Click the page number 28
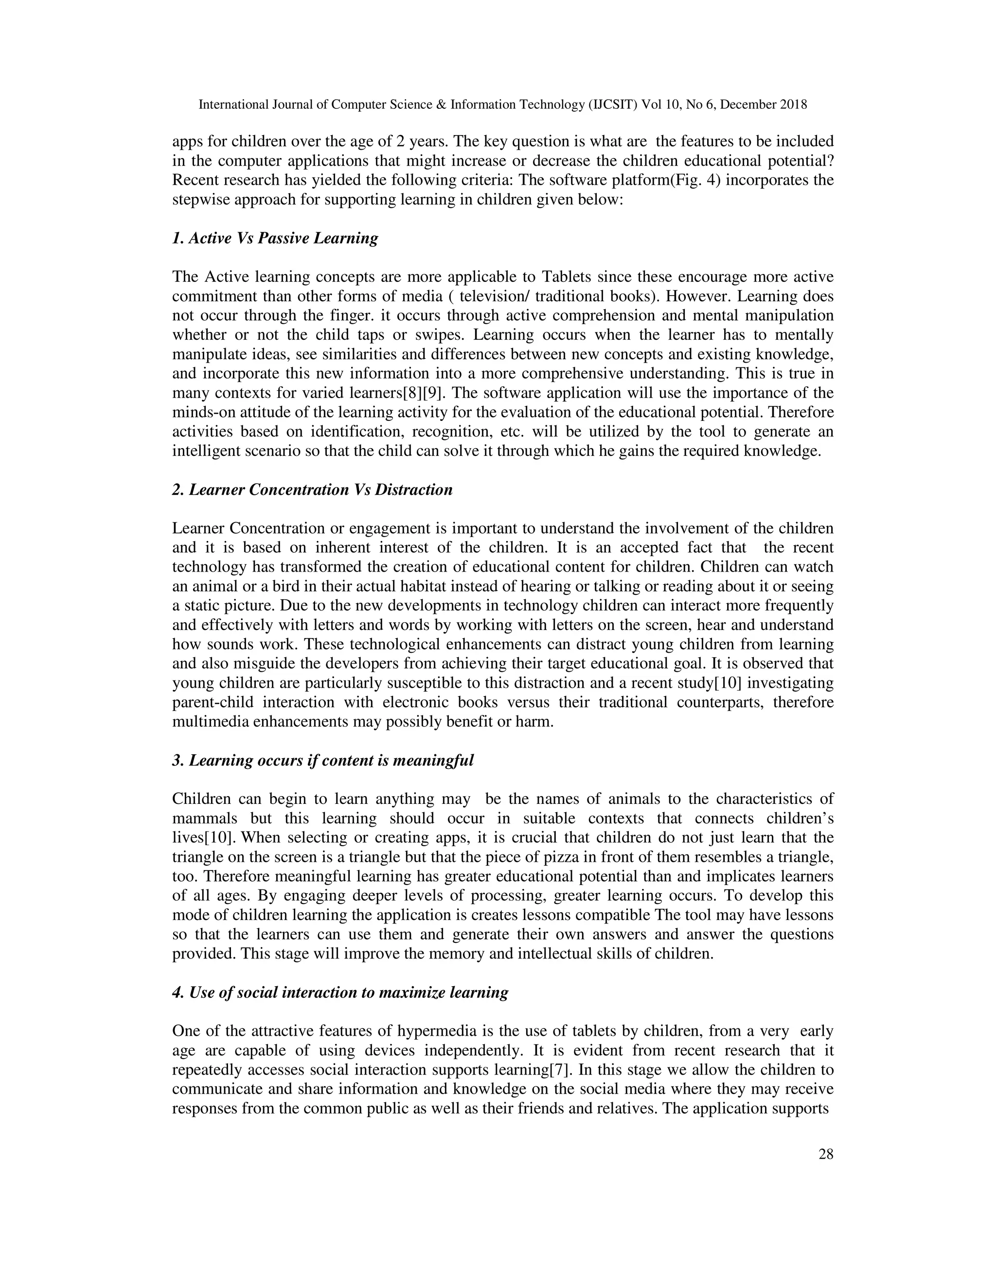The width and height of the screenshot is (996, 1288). (825, 1154)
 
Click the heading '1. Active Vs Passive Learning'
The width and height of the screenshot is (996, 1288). (275, 238)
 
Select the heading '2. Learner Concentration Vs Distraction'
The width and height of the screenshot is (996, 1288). (312, 490)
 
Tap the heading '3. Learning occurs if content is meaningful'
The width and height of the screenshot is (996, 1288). (323, 761)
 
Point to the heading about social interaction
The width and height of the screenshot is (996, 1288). (340, 992)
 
